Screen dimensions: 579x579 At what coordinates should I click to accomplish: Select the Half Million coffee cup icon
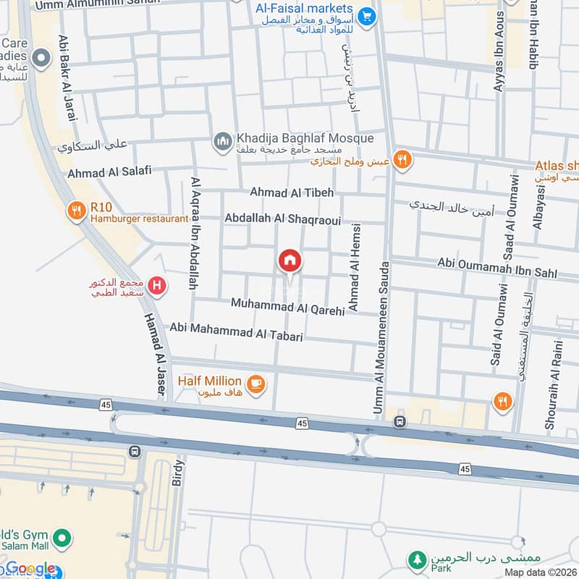(x=255, y=384)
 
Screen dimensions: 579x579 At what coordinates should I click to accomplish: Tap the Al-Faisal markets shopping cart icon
(x=366, y=14)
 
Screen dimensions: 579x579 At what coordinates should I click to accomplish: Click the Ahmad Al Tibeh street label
(x=292, y=193)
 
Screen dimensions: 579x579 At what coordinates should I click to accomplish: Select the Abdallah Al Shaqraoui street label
(x=282, y=218)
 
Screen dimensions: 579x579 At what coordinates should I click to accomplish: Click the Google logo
(x=30, y=568)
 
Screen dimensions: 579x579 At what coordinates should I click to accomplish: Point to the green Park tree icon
(x=417, y=559)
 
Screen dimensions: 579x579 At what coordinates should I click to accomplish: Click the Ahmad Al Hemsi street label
(x=354, y=268)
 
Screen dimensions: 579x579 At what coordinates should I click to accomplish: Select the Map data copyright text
(x=540, y=572)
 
